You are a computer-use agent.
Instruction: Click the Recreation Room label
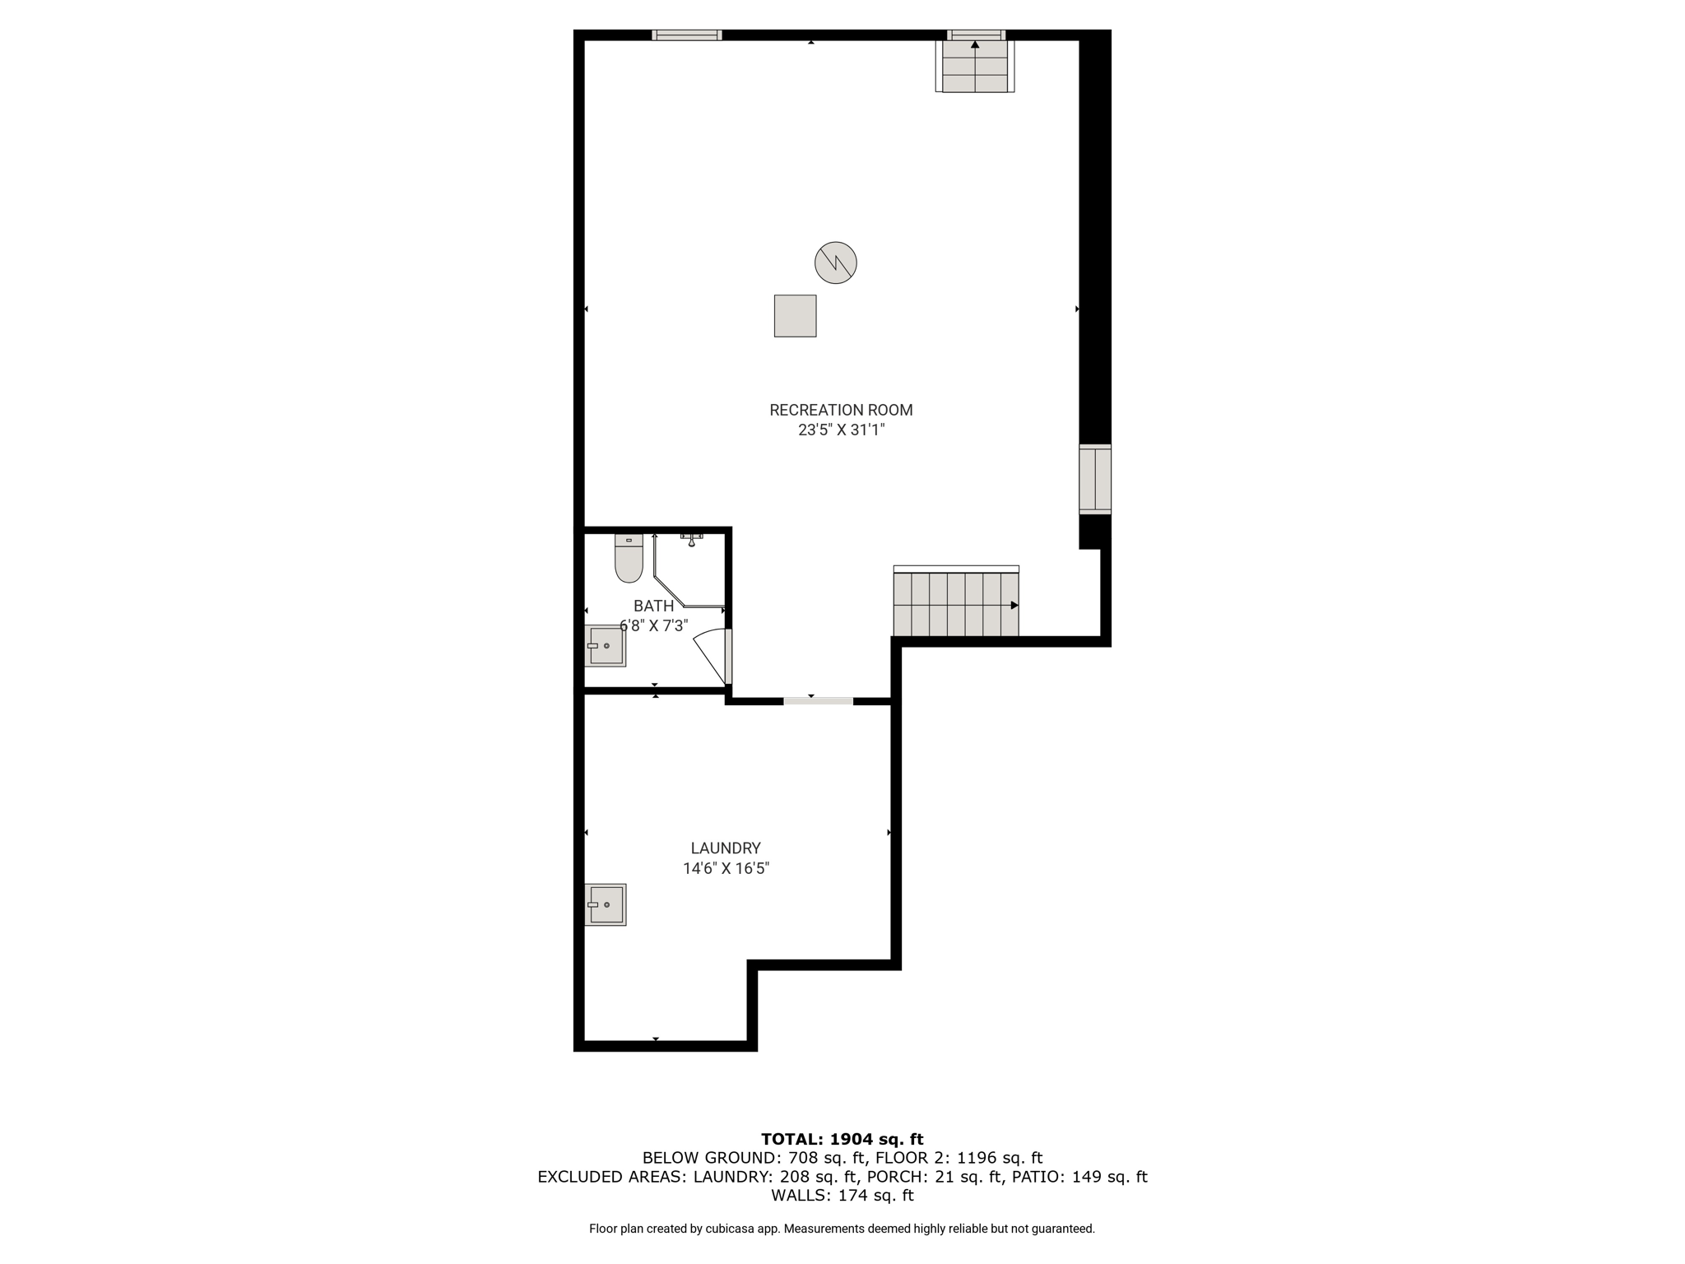pos(841,410)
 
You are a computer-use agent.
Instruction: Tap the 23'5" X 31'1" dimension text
pos(841,430)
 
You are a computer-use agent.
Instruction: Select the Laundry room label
pos(726,848)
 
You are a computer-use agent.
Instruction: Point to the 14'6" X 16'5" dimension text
pos(726,868)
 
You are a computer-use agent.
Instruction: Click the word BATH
pos(654,606)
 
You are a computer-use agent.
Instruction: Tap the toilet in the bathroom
pos(629,558)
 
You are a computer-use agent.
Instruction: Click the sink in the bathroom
pos(606,646)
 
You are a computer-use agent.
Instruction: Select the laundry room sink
pos(606,904)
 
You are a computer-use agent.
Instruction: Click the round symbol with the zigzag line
pos(836,263)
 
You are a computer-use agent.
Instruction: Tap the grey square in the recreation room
pos(796,316)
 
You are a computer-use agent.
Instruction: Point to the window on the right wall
pos(1095,479)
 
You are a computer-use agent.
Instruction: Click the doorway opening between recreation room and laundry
pos(819,701)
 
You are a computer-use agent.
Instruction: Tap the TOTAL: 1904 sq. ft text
pos(842,1139)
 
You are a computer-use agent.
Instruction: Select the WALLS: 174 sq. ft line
pos(842,1195)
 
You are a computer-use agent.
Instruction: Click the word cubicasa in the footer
pos(731,1229)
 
